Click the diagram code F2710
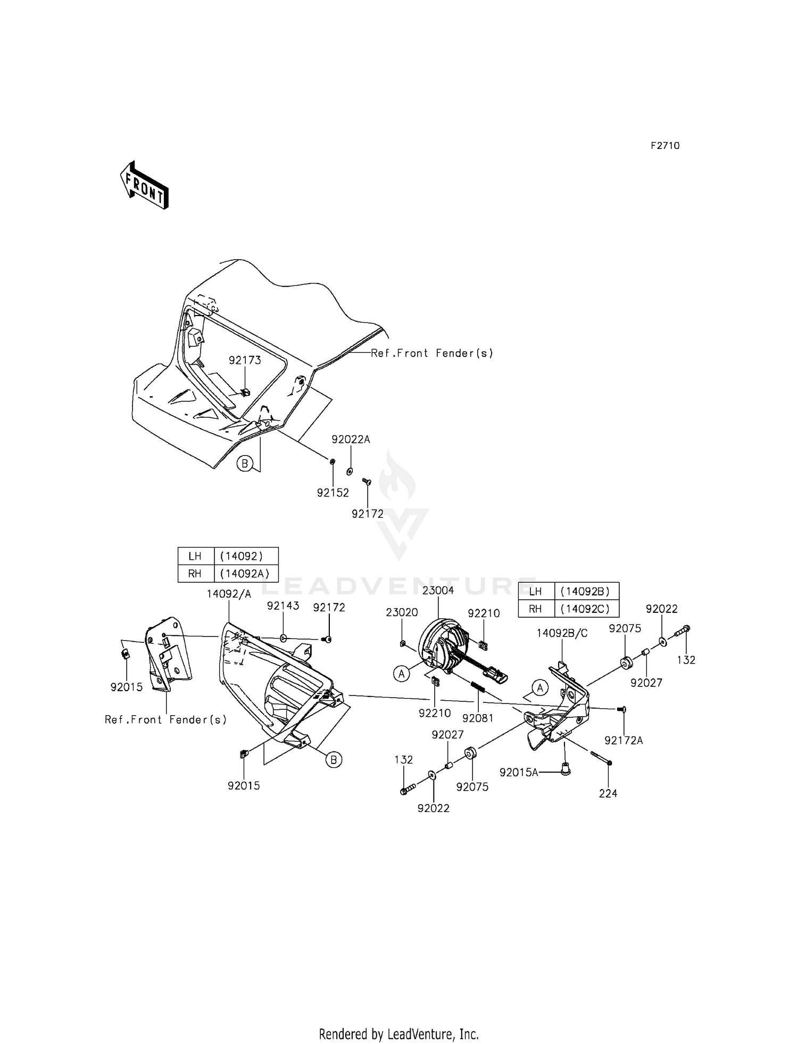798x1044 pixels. pyautogui.click(x=665, y=145)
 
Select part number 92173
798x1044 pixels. pyautogui.click(x=245, y=360)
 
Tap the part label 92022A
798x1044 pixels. pyautogui.click(x=351, y=440)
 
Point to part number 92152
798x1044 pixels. pyautogui.click(x=333, y=493)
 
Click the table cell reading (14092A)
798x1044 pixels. pyautogui.click(x=246, y=574)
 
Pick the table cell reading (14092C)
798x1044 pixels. pyautogui.click(x=586, y=608)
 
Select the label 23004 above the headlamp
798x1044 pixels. pyautogui.click(x=438, y=590)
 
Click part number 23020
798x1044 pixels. pyautogui.click(x=402, y=612)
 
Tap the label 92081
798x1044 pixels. pyautogui.click(x=478, y=718)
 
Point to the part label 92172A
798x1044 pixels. pyautogui.click(x=624, y=740)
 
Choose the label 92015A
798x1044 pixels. pyautogui.click(x=519, y=772)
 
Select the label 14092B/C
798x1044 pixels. pyautogui.click(x=562, y=633)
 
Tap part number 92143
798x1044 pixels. pyautogui.click(x=283, y=606)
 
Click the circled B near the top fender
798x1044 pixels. pyautogui.click(x=245, y=464)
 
